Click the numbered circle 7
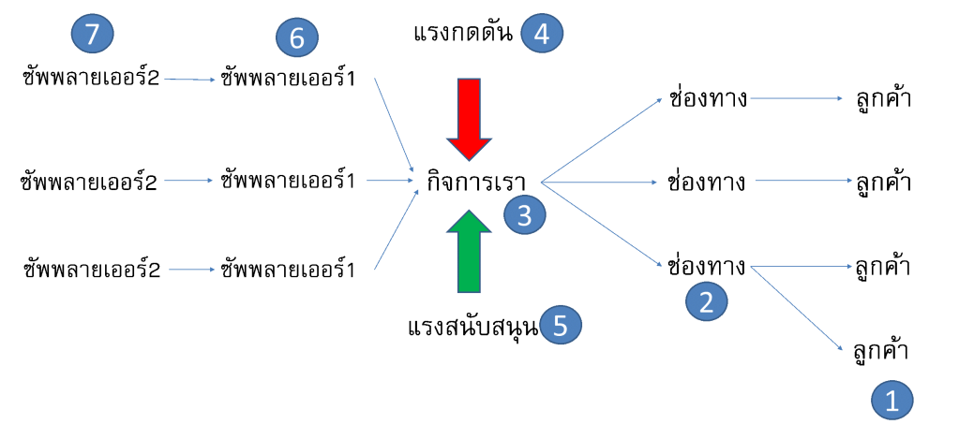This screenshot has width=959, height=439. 92,36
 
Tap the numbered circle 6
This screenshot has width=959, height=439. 297,38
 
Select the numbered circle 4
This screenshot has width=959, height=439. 542,34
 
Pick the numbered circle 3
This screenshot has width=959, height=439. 524,215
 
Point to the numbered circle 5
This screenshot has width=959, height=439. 561,325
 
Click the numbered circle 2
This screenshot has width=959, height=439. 707,300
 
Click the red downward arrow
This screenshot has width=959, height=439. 470,118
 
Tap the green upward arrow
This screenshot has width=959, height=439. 470,251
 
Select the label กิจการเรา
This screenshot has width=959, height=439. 475,180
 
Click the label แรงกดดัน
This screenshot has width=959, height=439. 462,34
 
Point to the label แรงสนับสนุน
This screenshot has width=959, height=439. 473,327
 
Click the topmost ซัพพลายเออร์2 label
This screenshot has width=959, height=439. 91,79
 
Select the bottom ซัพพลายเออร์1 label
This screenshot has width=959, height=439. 288,271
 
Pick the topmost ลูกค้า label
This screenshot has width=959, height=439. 883,98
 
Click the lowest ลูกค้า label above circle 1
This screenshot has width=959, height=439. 881,353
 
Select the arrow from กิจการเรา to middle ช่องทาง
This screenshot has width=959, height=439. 600,180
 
